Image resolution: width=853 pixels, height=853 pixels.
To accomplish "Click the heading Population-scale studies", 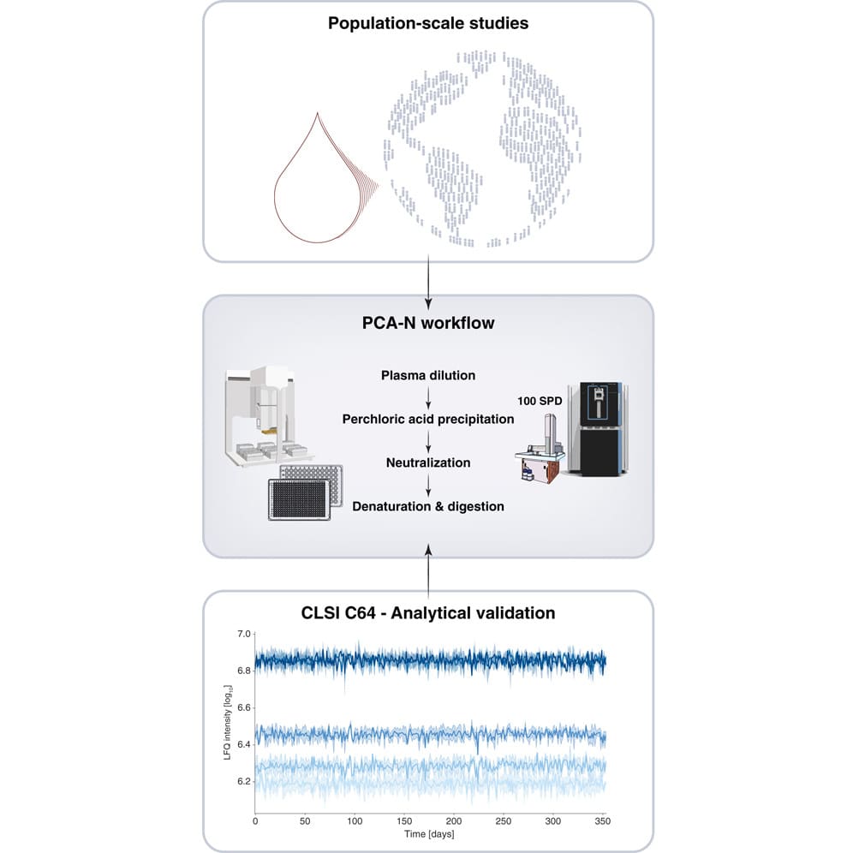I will (427, 22).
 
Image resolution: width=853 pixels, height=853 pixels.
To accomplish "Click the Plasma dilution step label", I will (427, 375).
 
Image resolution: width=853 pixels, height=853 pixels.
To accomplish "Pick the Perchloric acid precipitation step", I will (427, 419).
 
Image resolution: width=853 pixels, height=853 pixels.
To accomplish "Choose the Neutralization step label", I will (427, 462).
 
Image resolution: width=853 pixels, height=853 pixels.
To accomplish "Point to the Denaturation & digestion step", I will (427, 506).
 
